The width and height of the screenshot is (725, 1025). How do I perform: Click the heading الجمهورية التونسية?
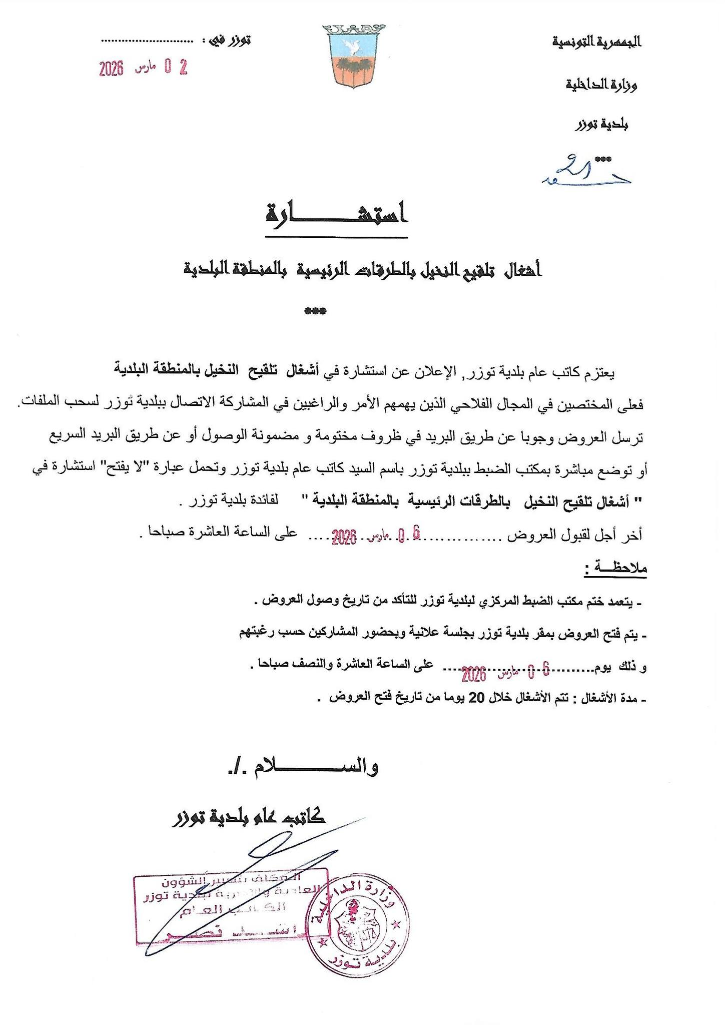pos(596,42)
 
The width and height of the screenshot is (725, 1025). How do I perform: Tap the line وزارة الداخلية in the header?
pos(601,85)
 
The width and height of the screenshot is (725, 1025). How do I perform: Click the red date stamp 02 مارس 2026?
pos(143,68)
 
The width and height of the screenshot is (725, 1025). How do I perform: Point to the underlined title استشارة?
pos(336,214)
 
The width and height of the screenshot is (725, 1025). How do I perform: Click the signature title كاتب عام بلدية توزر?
pos(248,817)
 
